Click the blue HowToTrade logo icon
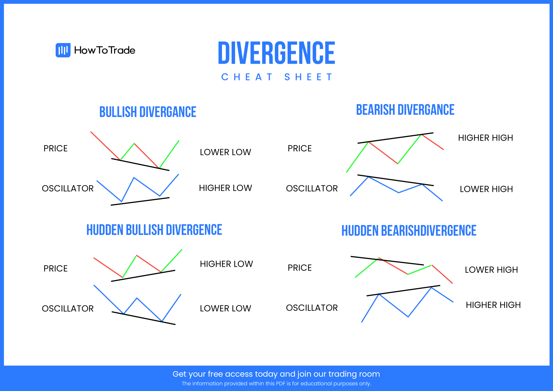tap(63, 50)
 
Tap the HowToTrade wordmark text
tap(104, 50)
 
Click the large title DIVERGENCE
tap(276, 53)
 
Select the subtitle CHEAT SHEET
tap(276, 77)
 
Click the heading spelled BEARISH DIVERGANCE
tap(405, 110)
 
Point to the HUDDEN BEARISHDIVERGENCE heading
tap(409, 231)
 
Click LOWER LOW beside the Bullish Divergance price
tap(225, 152)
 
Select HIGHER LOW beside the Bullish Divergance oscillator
tap(225, 188)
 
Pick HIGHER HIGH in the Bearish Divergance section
tap(485, 138)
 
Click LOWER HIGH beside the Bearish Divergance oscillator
tap(486, 189)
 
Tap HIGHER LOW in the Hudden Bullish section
tap(226, 264)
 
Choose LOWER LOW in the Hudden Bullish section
tap(225, 308)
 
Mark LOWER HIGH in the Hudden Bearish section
tap(491, 270)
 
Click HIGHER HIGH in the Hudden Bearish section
tap(493, 305)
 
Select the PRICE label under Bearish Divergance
tap(299, 149)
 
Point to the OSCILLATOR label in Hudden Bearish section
tap(312, 308)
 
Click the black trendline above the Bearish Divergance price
tap(395, 138)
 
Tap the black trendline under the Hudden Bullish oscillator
tap(143, 318)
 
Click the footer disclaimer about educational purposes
tap(276, 384)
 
